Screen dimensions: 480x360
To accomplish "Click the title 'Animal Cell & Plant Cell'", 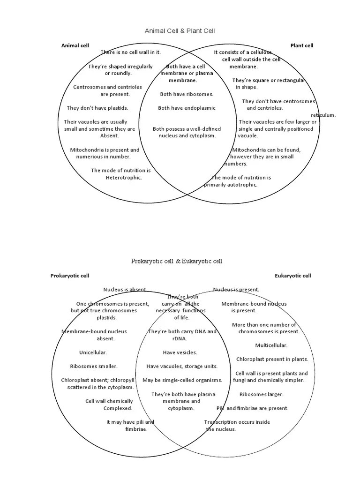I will click(x=180, y=31).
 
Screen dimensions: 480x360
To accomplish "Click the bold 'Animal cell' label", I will click(x=75, y=45).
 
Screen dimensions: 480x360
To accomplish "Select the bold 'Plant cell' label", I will click(x=302, y=45).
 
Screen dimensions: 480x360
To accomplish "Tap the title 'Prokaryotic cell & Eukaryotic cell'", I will click(x=177, y=261).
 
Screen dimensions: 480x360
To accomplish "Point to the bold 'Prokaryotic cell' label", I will click(x=70, y=276).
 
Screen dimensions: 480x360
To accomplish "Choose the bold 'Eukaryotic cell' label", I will click(x=293, y=276).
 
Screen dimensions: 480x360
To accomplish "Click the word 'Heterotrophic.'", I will click(x=124, y=178).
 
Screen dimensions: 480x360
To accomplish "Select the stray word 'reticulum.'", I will click(x=323, y=115).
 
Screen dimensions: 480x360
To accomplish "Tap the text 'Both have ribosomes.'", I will click(x=187, y=94).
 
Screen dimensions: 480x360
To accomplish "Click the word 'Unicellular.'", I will click(x=93, y=352).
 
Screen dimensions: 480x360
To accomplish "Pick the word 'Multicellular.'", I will click(x=271, y=345).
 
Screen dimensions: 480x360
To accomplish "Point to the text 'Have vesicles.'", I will click(x=180, y=352).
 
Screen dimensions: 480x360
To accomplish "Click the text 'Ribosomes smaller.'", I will click(x=94, y=366).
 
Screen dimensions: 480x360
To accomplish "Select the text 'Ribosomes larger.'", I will click(x=262, y=395).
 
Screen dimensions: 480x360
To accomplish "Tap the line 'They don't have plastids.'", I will click(x=97, y=108).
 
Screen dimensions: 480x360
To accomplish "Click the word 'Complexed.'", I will click(x=118, y=408).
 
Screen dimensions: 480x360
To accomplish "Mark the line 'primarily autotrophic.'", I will click(x=231, y=185).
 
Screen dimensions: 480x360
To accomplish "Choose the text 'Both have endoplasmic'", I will click(x=187, y=108).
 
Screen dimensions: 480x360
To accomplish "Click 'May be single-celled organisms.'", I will click(x=182, y=380).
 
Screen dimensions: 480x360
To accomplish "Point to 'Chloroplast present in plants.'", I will click(x=272, y=360).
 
